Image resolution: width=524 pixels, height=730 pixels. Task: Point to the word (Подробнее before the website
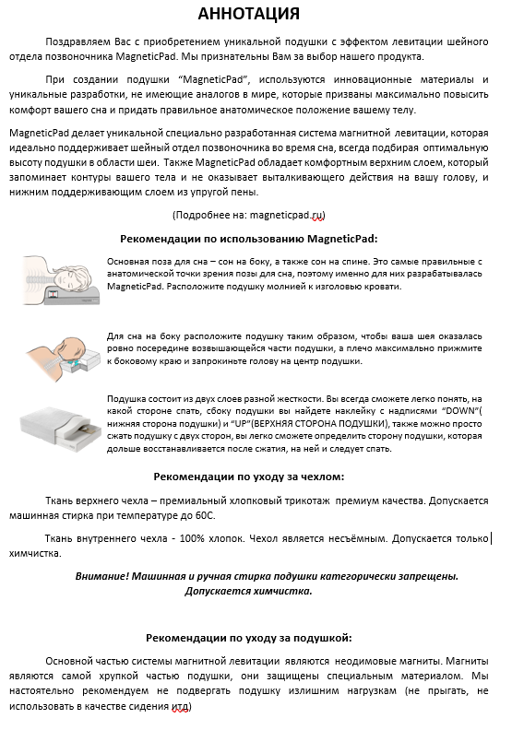point(200,214)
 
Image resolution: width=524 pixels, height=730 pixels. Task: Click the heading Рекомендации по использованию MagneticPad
point(260,237)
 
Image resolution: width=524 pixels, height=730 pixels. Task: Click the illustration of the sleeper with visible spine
point(60,276)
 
